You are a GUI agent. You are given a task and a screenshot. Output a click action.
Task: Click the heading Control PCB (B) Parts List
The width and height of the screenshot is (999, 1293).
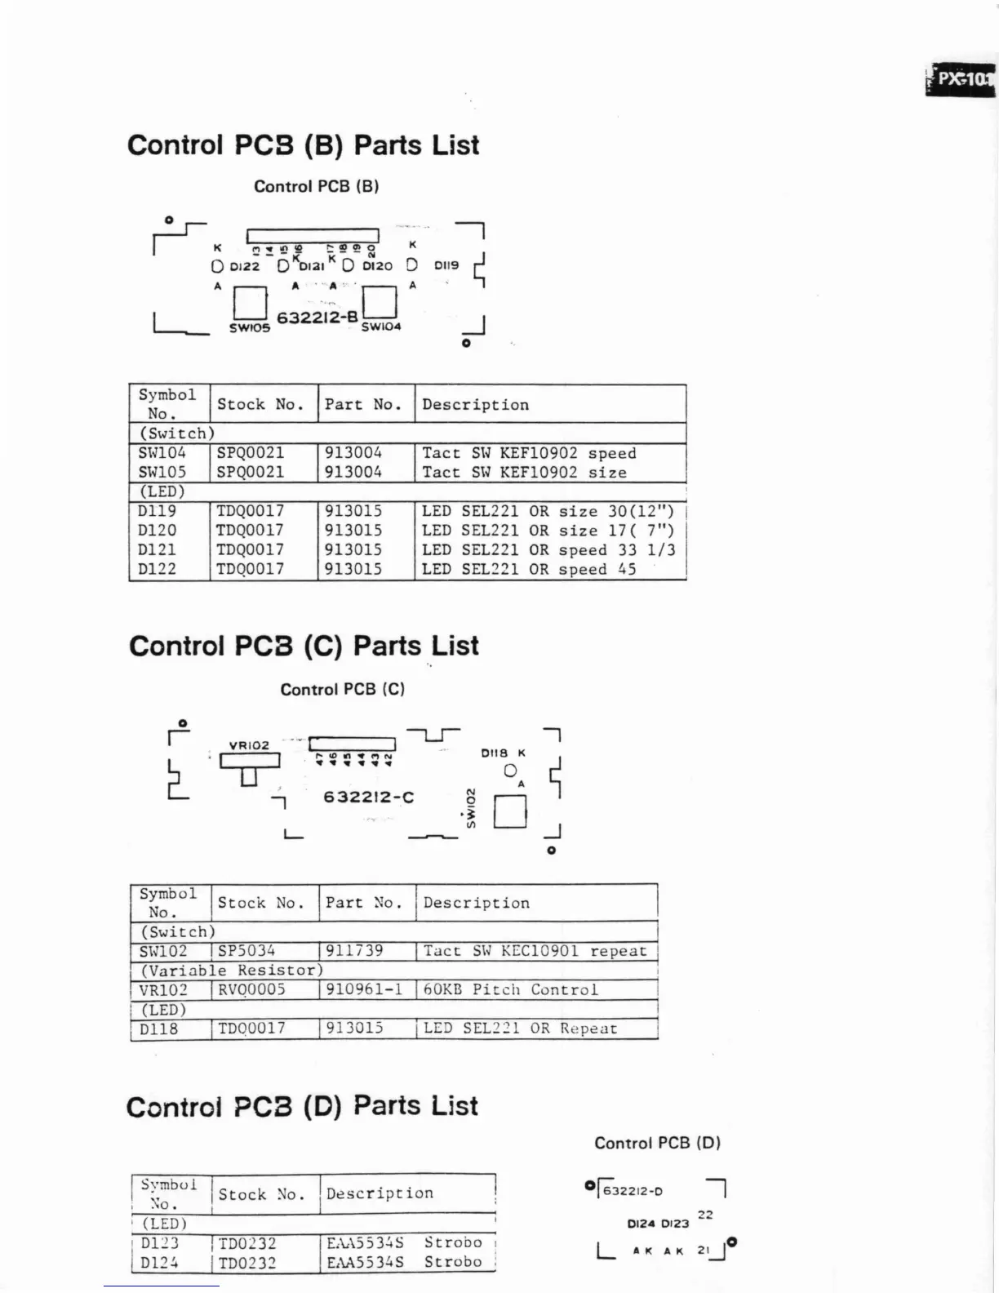(x=303, y=145)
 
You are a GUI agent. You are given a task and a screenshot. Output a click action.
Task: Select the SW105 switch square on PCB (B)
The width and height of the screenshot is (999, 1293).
(x=250, y=303)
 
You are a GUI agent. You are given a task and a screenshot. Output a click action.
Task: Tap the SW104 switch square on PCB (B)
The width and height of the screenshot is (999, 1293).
(x=380, y=302)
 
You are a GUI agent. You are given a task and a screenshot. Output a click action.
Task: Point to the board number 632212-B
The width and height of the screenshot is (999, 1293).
(x=317, y=318)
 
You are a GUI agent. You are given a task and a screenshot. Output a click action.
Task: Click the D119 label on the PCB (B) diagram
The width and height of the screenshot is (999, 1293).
(x=446, y=265)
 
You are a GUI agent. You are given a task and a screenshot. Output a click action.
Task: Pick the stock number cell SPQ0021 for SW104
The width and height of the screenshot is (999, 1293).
(x=251, y=453)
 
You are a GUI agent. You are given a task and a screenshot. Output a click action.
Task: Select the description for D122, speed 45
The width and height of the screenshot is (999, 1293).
(x=529, y=570)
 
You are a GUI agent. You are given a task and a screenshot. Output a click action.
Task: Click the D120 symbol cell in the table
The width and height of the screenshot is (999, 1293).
(x=158, y=531)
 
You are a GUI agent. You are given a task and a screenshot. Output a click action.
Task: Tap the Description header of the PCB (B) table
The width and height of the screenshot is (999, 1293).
(x=475, y=405)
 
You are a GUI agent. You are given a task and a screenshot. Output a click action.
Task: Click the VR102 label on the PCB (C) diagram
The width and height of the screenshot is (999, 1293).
(x=249, y=745)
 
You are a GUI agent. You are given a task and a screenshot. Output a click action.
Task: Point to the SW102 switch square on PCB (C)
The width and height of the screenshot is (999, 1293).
(x=510, y=811)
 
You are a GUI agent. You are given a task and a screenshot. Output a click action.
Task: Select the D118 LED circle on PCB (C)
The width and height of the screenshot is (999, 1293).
(x=510, y=771)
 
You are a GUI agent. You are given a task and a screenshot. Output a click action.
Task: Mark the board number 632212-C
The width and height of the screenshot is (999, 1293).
(x=369, y=797)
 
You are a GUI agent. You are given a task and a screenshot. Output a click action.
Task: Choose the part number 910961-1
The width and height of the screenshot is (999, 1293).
(x=364, y=990)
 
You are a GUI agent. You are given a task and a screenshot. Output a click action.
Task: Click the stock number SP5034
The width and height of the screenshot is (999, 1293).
(x=246, y=951)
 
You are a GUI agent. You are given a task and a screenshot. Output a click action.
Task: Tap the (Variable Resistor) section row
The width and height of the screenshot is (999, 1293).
(x=232, y=971)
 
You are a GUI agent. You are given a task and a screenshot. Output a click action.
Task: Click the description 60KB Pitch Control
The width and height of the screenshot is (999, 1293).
(x=511, y=990)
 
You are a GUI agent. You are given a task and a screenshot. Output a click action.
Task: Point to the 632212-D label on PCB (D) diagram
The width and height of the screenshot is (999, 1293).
(x=633, y=1191)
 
